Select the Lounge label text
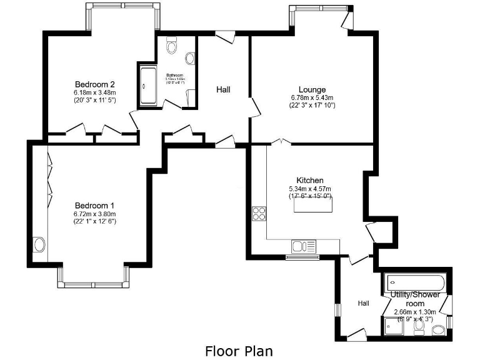pos(312,89)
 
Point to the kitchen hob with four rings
pos(259,214)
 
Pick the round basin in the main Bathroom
pos(190,57)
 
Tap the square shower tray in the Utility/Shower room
pos(393,326)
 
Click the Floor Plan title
pos(239,350)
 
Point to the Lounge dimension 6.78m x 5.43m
pos(312,97)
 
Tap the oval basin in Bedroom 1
pos(40,244)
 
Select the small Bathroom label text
pos(174,75)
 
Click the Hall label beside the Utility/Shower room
pos(363,303)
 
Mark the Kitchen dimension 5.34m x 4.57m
pos(309,189)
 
